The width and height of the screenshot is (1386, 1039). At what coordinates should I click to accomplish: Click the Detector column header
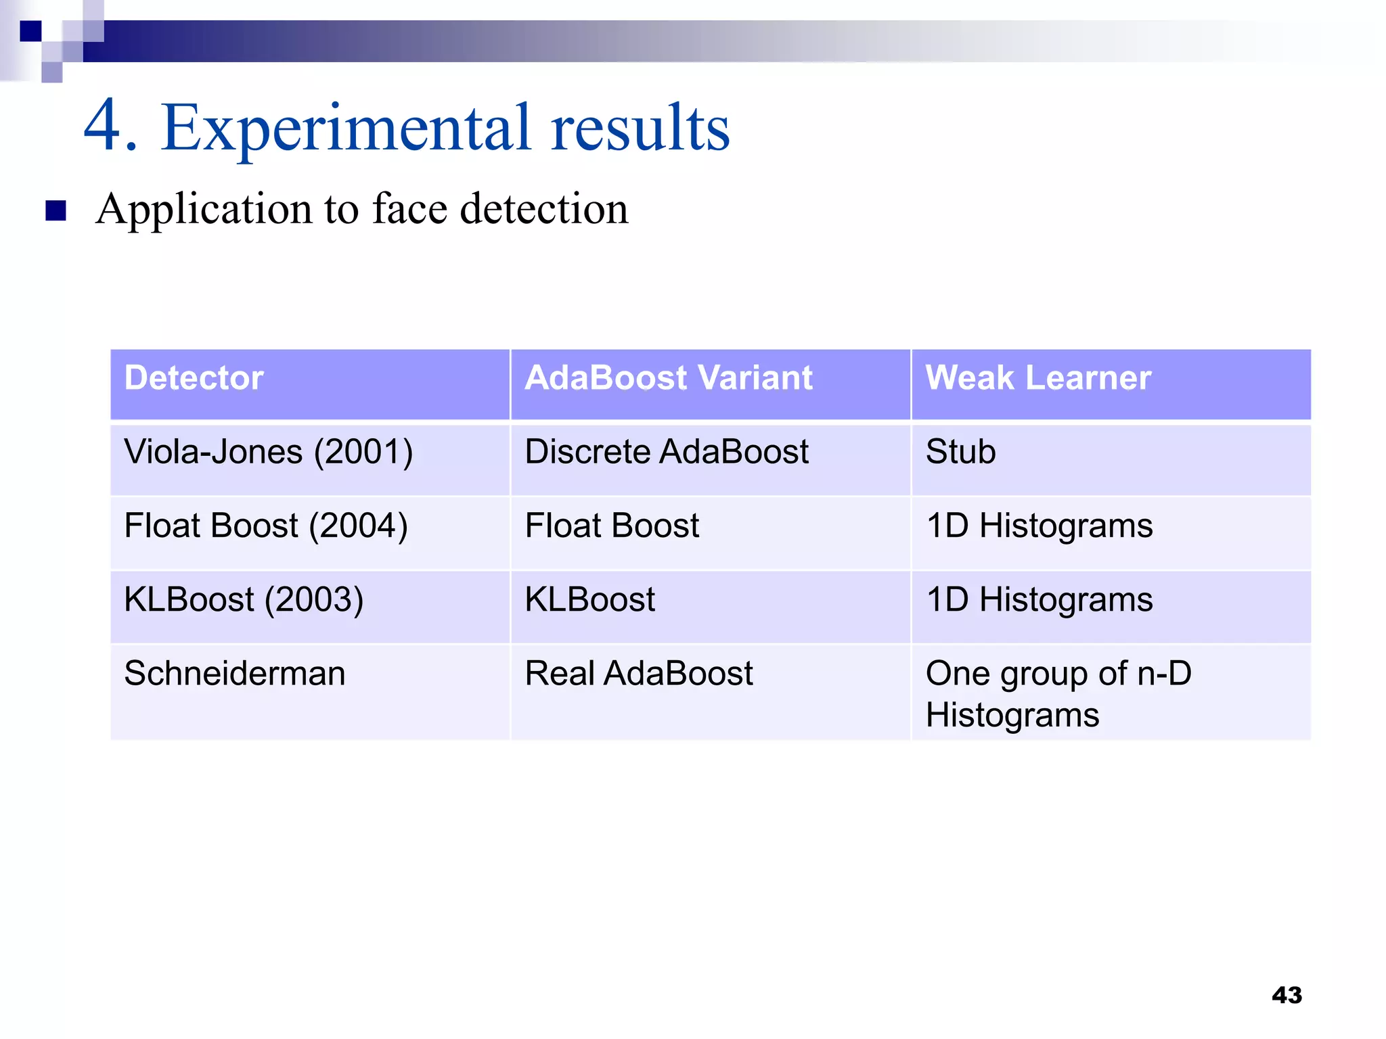point(194,377)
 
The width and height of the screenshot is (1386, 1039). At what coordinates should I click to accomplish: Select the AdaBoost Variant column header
point(668,377)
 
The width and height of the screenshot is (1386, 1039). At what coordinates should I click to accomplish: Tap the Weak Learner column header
point(1038,377)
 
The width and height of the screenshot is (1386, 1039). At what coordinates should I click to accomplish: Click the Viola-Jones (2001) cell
point(268,452)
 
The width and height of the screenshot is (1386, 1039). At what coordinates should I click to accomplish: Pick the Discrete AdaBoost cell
point(667,452)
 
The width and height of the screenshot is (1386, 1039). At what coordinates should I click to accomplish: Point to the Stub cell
point(960,452)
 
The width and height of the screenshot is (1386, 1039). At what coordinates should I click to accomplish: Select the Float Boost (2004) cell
point(266,526)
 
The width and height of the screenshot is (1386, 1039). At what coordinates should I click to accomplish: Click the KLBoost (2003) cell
point(244,599)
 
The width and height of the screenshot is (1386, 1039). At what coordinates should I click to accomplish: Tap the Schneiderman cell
point(234,674)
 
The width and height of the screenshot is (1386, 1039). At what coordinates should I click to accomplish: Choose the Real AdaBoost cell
point(639,674)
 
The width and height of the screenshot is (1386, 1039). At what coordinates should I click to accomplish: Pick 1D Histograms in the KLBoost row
point(1039,599)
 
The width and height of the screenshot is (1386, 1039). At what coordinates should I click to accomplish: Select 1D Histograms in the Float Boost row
point(1039,526)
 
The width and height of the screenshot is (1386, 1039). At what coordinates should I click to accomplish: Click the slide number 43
point(1287,995)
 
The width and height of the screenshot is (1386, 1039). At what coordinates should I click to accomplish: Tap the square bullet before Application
point(56,210)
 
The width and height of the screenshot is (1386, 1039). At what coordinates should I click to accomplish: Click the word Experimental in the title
point(346,129)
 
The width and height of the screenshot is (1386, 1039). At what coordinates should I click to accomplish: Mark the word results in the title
point(640,129)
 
